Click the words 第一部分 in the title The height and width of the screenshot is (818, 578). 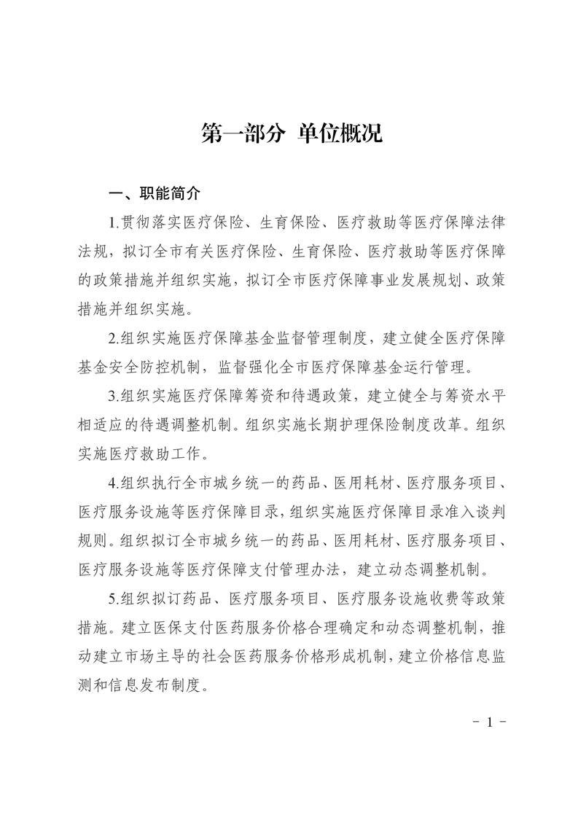pyautogui.click(x=243, y=134)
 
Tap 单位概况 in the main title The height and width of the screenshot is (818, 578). pyautogui.click(x=340, y=134)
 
